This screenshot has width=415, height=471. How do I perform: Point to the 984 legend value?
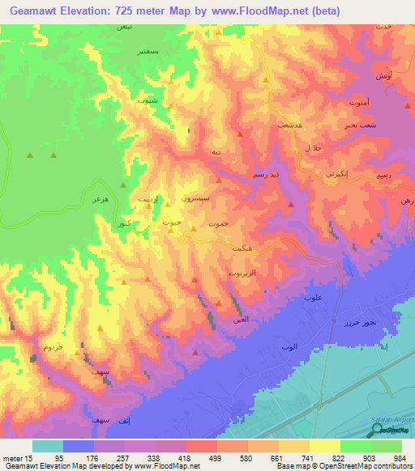click(x=402, y=459)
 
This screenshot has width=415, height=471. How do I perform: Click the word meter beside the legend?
click(x=11, y=459)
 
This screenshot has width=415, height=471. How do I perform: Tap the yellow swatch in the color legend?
click(x=324, y=446)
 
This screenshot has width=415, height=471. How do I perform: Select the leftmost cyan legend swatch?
click(x=47, y=446)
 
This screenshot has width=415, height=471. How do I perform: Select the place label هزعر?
click(x=101, y=197)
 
